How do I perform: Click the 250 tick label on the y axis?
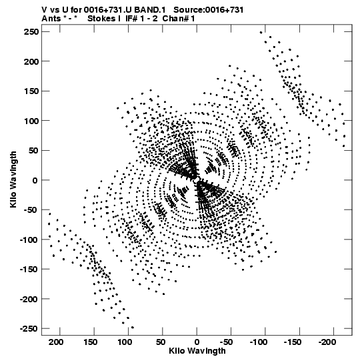click(31, 32)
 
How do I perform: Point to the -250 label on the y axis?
click(29, 328)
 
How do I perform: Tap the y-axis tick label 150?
click(31, 91)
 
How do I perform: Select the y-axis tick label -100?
click(29, 240)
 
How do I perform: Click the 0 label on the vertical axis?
click(35, 180)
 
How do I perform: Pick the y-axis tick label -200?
click(29, 299)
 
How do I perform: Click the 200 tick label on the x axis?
click(57, 342)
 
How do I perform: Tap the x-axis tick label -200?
click(327, 342)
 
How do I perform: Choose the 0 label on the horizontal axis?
click(197, 342)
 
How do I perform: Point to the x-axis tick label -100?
click(259, 342)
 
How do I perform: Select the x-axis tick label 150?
click(91, 342)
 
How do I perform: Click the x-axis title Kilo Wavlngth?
click(197, 351)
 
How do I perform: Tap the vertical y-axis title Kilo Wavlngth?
click(13, 179)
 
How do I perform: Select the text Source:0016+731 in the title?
click(209, 10)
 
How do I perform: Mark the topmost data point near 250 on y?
click(261, 33)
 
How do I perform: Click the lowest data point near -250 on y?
click(133, 328)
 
